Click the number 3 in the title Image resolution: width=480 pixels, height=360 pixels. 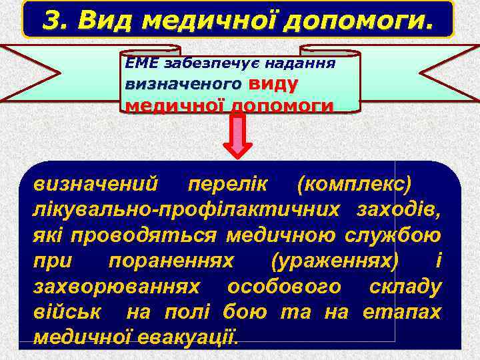point(51,21)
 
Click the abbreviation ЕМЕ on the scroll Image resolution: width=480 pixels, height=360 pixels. point(142,65)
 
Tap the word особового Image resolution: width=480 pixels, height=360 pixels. point(285,287)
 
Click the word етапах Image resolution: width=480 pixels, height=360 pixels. point(402,312)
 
